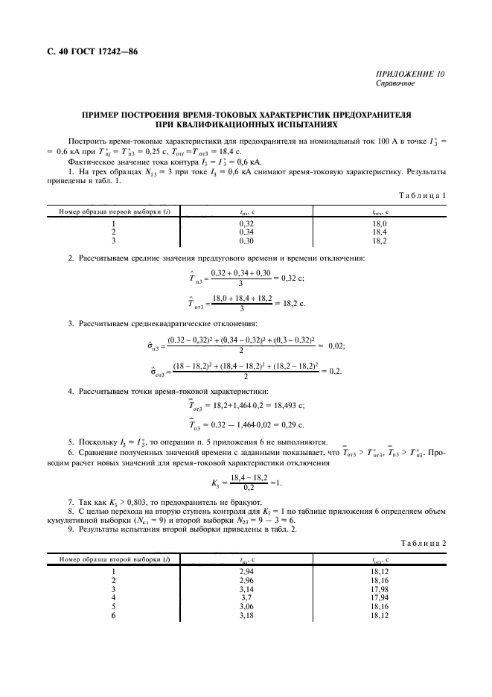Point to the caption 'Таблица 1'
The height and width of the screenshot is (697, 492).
coord(421,194)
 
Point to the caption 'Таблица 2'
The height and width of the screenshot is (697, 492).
coord(421,544)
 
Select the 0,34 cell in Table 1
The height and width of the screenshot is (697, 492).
coord(246,232)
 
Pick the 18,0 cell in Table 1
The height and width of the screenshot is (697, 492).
coord(379,223)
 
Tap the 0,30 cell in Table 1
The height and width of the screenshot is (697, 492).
coord(246,241)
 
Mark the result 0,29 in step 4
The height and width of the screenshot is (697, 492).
coord(281,427)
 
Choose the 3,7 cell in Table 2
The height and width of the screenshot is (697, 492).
coord(246,598)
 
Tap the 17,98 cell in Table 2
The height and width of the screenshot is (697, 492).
coord(379,589)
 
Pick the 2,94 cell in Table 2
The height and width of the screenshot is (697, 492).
coord(246,571)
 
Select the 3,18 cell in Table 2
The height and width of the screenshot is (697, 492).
coord(246,616)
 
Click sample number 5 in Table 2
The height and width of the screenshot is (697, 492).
coord(113,607)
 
